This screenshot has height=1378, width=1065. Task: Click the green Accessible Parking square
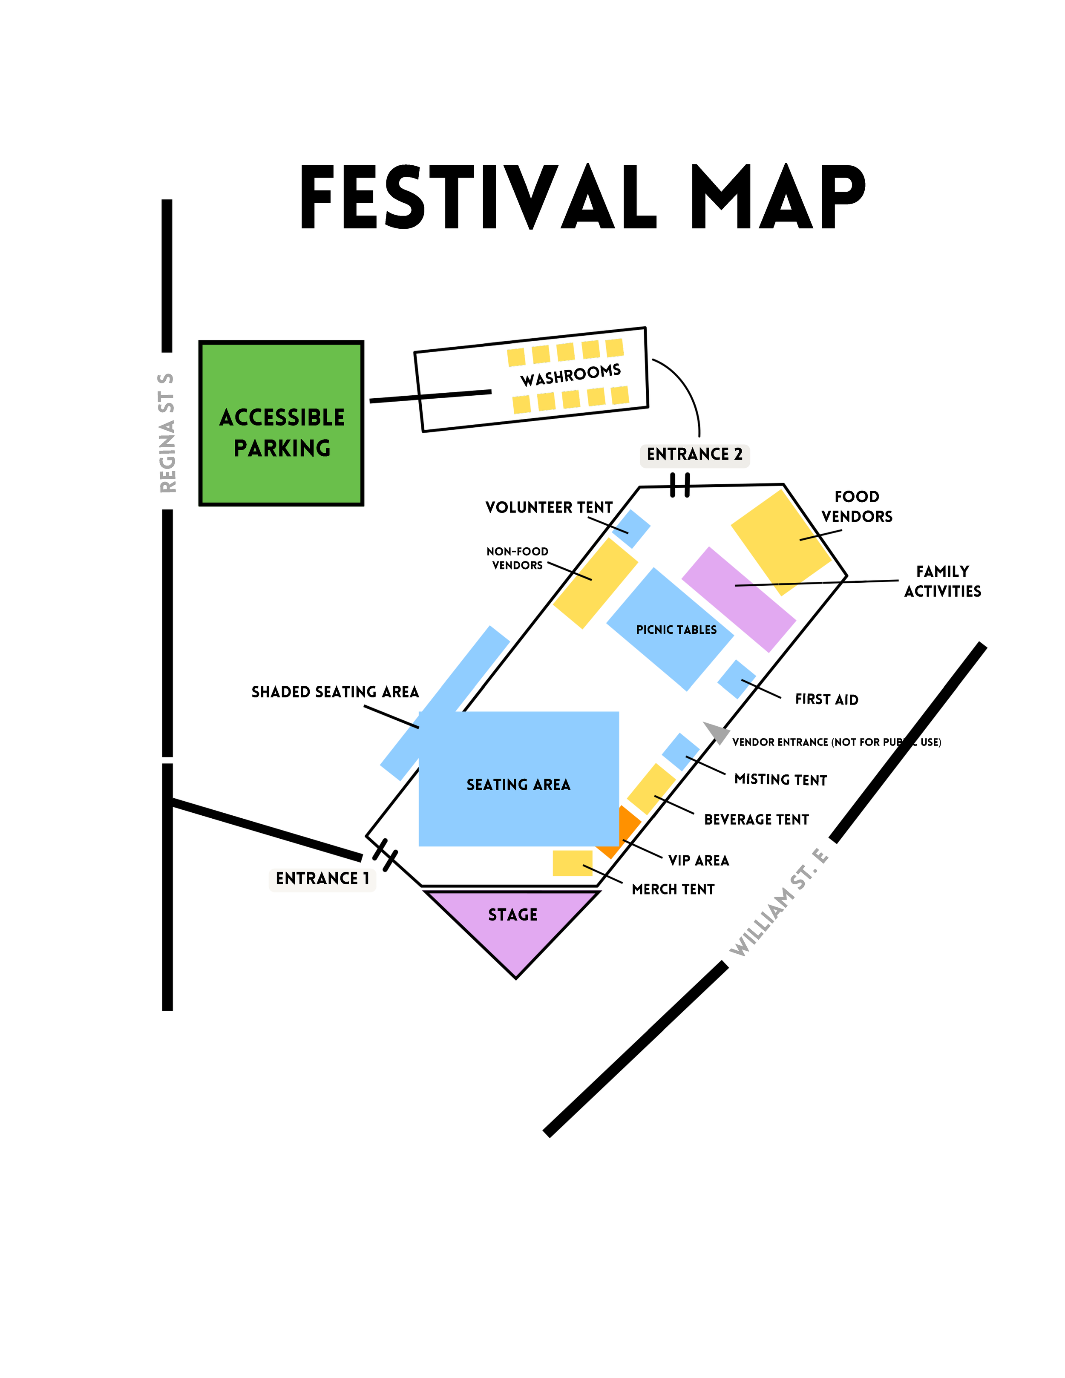pos(282,423)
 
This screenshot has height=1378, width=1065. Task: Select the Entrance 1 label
pos(322,879)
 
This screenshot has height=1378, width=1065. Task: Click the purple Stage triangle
pos(512,927)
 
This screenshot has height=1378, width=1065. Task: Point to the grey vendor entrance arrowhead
pos(717,732)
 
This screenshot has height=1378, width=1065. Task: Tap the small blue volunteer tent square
pos(631,529)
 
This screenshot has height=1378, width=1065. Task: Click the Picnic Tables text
pos(676,630)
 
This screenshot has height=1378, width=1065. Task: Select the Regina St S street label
pos(167,433)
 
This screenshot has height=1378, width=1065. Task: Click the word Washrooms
pos(570,375)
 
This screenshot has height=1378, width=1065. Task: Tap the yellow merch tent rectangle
pos(572,863)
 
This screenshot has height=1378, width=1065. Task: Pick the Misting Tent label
pos(780,780)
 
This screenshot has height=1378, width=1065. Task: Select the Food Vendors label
pos(857,506)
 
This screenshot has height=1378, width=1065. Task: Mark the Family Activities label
pos(943,581)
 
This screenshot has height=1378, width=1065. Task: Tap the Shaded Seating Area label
pos(335,692)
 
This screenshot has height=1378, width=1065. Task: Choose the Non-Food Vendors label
pos(517,558)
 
